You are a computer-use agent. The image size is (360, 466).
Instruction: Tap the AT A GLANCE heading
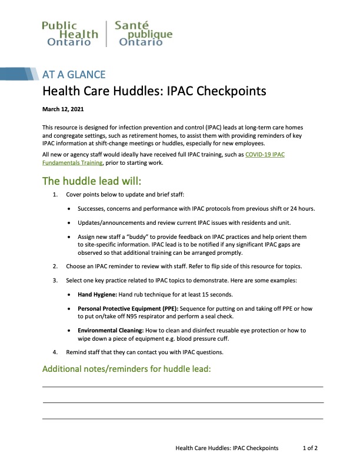click(x=74, y=75)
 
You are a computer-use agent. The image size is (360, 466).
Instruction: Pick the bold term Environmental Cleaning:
click(x=112, y=331)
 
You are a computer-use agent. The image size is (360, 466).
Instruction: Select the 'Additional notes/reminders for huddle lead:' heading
click(x=126, y=370)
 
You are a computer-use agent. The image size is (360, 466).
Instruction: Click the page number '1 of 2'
click(x=310, y=448)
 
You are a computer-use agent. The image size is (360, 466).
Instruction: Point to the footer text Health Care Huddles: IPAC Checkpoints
click(x=227, y=448)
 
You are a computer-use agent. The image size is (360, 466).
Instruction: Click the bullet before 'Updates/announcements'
click(x=71, y=223)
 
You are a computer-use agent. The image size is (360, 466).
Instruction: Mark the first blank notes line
click(x=183, y=387)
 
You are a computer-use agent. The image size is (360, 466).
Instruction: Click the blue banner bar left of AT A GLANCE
click(x=18, y=74)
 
